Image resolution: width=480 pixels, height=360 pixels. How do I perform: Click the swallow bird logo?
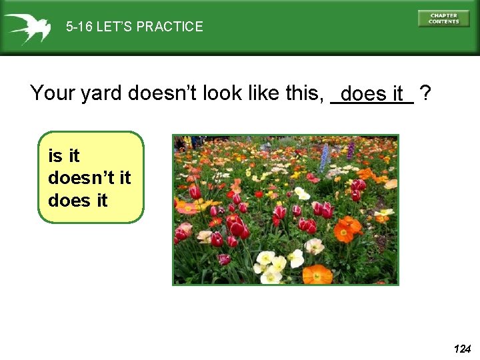(x=27, y=27)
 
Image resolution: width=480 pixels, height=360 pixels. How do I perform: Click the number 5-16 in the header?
(x=79, y=27)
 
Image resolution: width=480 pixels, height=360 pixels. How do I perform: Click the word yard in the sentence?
(x=102, y=93)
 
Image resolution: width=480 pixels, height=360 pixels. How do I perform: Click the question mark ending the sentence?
(x=425, y=93)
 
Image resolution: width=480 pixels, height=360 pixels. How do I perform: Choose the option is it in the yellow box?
(x=64, y=156)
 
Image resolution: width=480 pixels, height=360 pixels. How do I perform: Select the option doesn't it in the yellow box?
(x=89, y=178)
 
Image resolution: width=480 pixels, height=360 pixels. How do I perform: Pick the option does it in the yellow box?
(x=78, y=200)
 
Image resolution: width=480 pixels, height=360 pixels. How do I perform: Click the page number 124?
(x=462, y=349)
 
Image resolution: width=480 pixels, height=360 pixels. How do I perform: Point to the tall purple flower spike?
(x=351, y=149)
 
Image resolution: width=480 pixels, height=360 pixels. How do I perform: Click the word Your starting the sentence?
(x=53, y=93)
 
